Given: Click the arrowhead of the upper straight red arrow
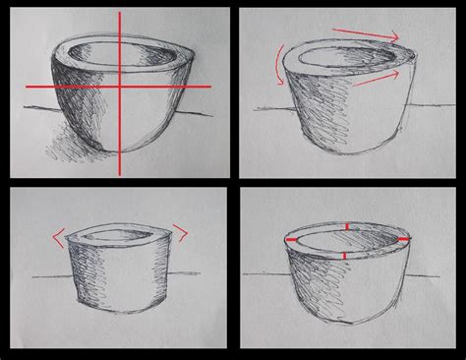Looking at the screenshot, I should point(395,38).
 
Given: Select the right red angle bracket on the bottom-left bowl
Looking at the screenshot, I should point(181,233).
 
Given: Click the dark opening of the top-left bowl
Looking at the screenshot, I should point(108,53).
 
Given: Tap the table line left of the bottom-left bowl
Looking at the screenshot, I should point(49,278).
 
